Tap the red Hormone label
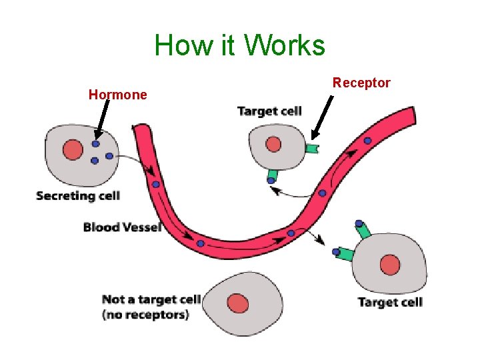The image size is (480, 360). (x=117, y=95)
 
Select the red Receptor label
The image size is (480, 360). (x=361, y=83)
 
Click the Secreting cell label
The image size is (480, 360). (x=78, y=195)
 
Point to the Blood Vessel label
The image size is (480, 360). (x=122, y=227)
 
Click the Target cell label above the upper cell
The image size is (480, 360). (x=269, y=111)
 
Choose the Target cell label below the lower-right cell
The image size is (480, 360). (x=390, y=302)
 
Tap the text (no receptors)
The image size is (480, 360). (x=146, y=315)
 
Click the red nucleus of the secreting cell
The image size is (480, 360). (x=73, y=150)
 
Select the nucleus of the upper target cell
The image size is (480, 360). (x=273, y=144)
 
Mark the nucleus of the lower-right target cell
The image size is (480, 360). (x=391, y=266)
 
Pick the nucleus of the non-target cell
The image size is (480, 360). (x=238, y=304)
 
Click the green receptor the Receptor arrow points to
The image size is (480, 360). (x=311, y=148)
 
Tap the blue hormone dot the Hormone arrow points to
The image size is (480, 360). (x=96, y=143)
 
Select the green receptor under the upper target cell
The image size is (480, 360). (x=272, y=177)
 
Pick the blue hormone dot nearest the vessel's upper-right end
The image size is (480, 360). (x=367, y=141)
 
